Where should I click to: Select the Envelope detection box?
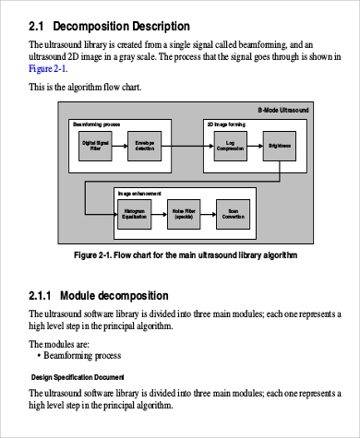pos(145,145)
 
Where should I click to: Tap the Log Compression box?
pos(229,145)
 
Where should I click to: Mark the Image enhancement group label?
pos(139,193)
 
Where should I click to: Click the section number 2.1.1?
pos(41,296)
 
